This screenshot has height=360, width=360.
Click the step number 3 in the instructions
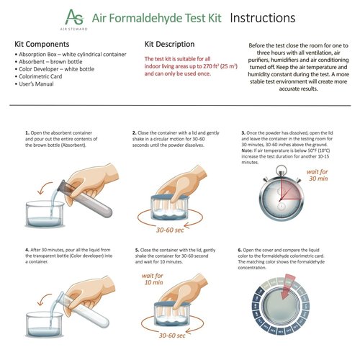(x=243, y=134)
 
